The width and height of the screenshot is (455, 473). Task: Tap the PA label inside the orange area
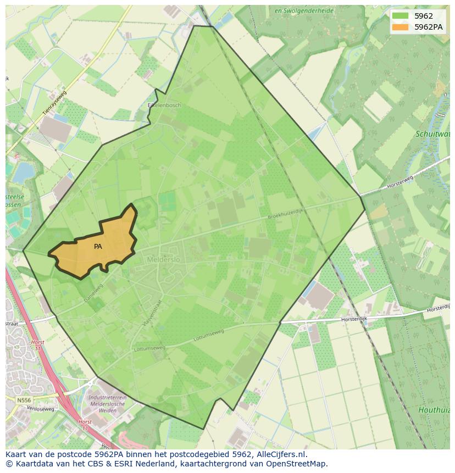click(x=98, y=247)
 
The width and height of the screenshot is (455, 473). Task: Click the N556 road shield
click(x=24, y=400)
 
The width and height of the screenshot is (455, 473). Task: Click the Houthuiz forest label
click(x=434, y=410)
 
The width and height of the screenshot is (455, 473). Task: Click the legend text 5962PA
click(x=428, y=27)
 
